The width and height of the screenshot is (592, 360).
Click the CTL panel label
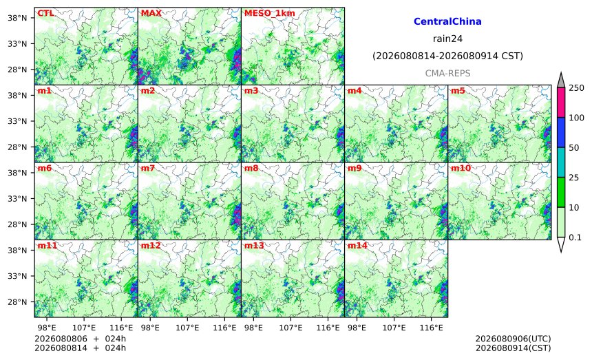(45, 13)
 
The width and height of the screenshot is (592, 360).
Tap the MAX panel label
(151, 13)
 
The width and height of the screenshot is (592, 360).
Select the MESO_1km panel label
(270, 13)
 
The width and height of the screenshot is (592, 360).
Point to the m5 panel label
(458, 91)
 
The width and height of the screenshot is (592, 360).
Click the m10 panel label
(461, 168)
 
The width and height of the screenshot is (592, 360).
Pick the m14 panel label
(357, 246)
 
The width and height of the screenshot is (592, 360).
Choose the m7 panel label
(147, 168)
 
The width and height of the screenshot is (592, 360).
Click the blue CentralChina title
(447, 21)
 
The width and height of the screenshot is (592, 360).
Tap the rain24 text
(447, 39)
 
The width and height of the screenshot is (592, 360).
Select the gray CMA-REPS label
(447, 73)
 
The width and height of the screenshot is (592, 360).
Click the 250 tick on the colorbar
(577, 88)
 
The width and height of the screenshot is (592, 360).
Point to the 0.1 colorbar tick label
(575, 237)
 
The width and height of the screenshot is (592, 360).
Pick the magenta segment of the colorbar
(561, 103)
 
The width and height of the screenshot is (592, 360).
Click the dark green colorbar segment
(561, 192)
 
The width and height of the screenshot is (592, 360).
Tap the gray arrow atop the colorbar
(561, 81)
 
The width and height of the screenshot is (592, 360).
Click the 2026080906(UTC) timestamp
(513, 339)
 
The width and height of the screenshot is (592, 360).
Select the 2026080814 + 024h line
(80, 348)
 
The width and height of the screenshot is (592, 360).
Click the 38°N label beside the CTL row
(17, 18)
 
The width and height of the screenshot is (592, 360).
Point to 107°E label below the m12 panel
(187, 328)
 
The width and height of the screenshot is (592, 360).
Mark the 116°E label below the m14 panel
(431, 328)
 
